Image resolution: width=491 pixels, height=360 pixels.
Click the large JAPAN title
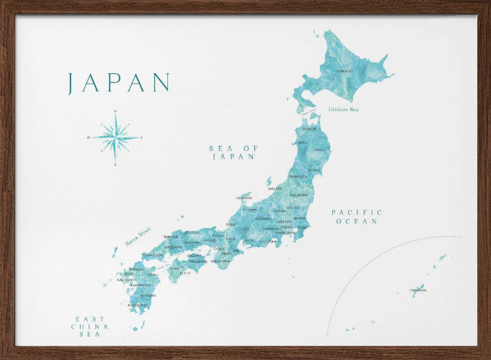coord(119,83)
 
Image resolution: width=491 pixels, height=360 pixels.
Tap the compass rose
coord(115,138)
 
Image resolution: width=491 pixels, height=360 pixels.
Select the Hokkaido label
coord(344,71)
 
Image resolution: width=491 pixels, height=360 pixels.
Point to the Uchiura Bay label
coord(344,110)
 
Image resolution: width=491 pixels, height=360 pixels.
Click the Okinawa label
coord(418,290)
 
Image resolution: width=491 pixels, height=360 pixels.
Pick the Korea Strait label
coord(138,236)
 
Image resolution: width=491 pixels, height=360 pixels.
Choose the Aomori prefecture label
coord(310,129)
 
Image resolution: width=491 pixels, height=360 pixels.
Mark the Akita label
coord(302,142)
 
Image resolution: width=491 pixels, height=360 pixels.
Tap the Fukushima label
coord(299,195)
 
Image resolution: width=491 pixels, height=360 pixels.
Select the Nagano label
coord(263,219)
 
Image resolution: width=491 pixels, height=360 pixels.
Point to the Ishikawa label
coord(244,198)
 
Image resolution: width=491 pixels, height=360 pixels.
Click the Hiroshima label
coord(173,247)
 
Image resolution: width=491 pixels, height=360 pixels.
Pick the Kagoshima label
coord(137,305)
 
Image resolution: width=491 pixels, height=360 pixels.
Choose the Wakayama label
coord(220,261)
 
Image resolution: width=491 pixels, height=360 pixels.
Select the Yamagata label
coord(298,176)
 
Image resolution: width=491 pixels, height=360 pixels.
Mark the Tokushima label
coord(197,261)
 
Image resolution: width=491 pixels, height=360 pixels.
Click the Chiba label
coord(302,227)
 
